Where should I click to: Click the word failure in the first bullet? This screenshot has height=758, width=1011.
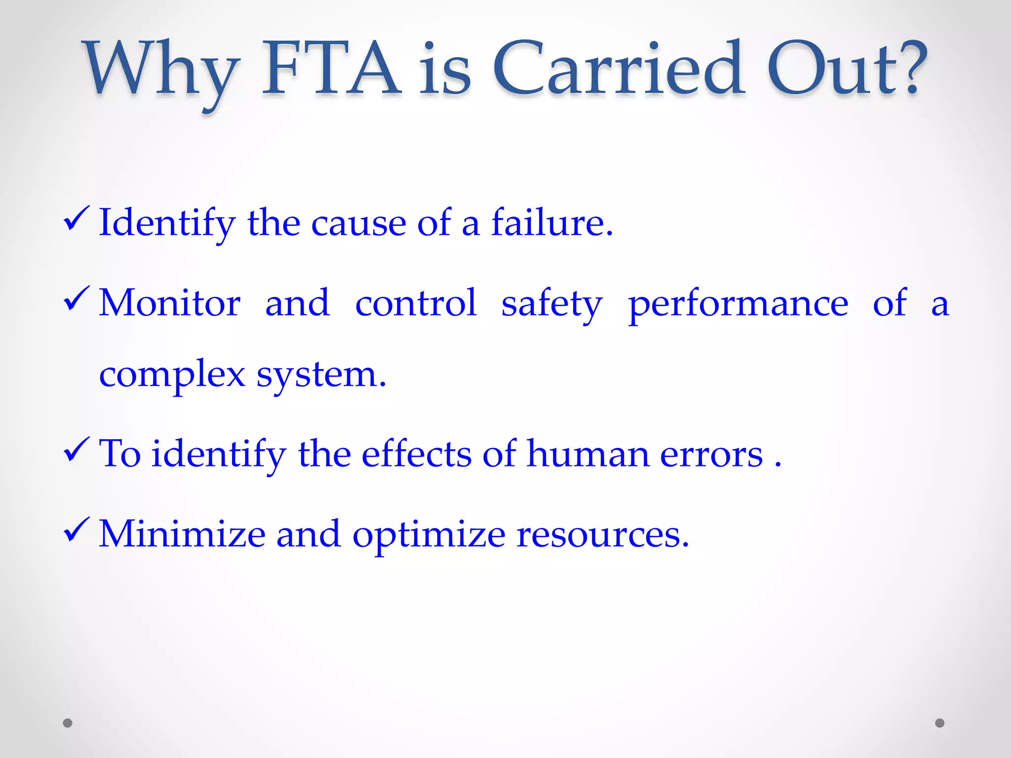(x=551, y=223)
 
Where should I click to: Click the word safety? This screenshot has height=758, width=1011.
(x=551, y=303)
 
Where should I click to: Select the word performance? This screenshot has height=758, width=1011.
(x=738, y=303)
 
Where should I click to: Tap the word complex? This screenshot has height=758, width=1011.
(x=172, y=375)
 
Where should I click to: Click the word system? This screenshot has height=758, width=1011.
(x=321, y=375)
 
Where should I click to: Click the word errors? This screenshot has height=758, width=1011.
(x=711, y=454)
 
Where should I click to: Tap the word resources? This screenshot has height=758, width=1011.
(x=602, y=534)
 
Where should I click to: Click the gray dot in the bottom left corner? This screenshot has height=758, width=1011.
(x=68, y=723)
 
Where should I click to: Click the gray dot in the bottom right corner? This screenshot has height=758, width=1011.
(x=940, y=723)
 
